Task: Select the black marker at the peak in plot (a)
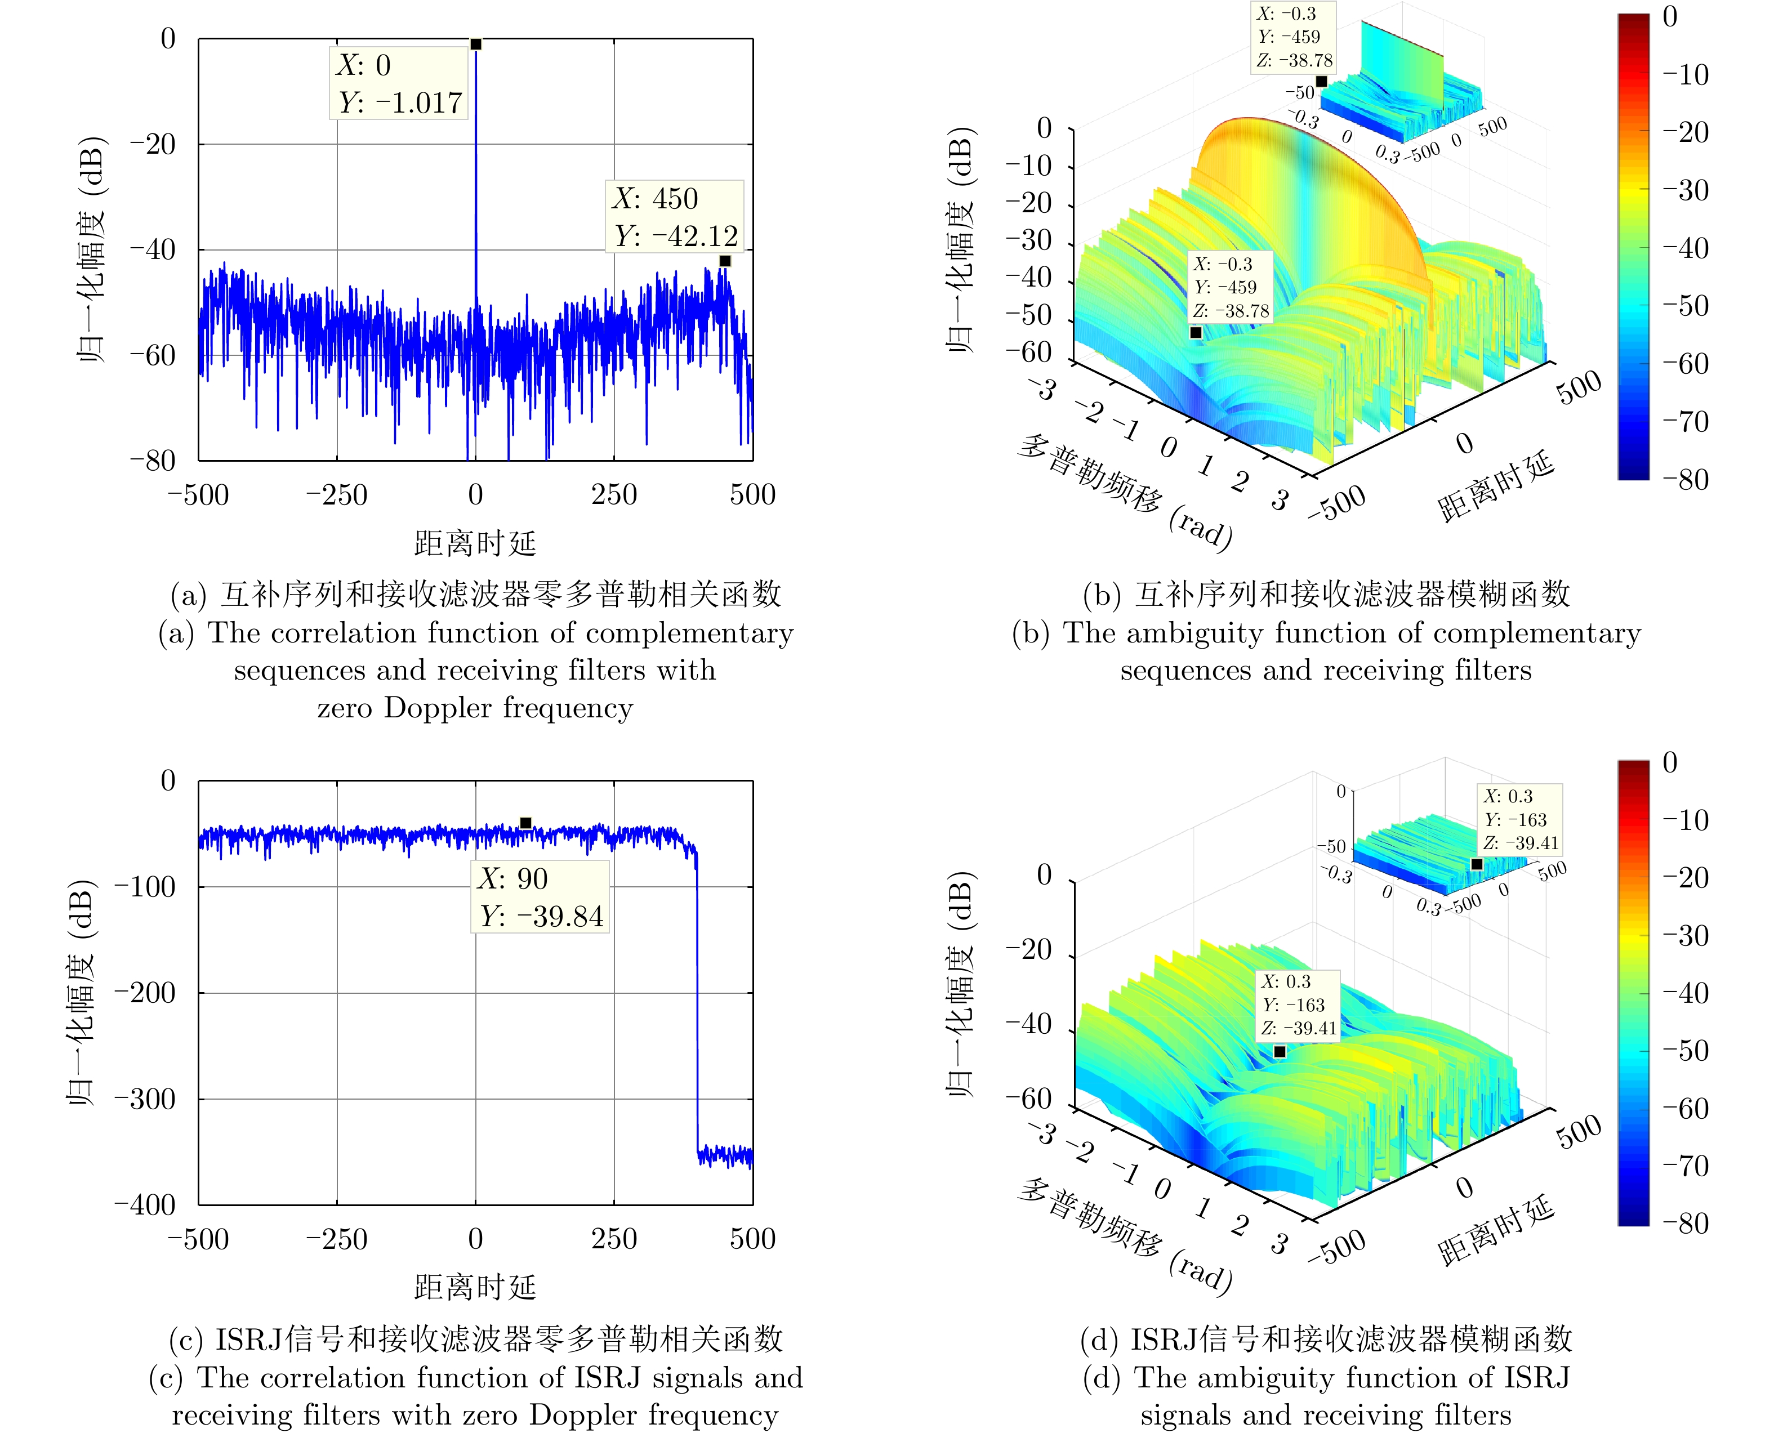coord(475,44)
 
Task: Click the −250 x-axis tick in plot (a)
coord(336,495)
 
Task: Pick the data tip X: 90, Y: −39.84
coord(540,898)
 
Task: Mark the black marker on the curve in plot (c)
coord(526,823)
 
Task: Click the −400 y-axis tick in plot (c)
coord(145,1204)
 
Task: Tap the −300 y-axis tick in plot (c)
coord(145,1099)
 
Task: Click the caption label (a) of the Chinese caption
coord(188,595)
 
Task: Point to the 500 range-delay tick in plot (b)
coord(1579,387)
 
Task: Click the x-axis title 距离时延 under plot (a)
coord(475,544)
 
